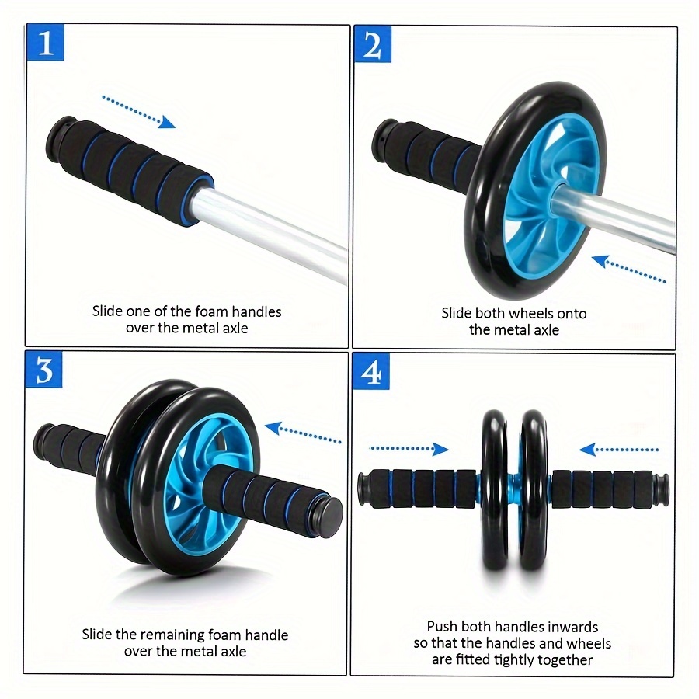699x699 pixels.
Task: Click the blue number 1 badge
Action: coord(46,42)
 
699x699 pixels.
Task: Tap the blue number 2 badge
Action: coord(373,44)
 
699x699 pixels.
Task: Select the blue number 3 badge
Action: coord(43,369)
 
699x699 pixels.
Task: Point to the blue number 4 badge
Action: coord(371,371)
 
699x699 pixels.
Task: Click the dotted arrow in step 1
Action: coord(139,111)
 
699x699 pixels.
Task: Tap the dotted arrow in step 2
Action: coord(628,269)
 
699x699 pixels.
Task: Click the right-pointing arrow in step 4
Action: coord(409,449)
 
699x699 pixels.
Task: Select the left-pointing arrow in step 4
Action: coord(619,450)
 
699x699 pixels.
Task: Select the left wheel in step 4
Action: coord(495,490)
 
